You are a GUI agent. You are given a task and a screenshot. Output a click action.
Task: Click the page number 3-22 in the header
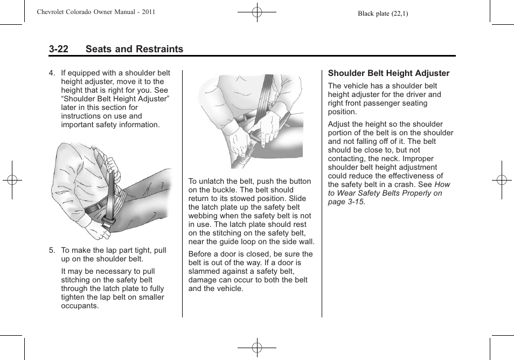[x=58, y=49]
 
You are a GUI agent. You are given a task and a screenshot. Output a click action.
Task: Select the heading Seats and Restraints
[x=134, y=49]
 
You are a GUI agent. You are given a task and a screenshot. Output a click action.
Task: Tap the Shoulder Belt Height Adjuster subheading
[x=388, y=73]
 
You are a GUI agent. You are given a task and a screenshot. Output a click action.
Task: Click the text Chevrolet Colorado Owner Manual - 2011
[x=96, y=11]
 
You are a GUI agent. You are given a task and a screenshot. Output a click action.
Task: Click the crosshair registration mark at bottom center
[x=257, y=348]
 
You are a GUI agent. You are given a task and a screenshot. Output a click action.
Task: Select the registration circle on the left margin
[x=12, y=180]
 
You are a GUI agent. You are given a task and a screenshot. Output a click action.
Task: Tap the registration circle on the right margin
[x=501, y=180]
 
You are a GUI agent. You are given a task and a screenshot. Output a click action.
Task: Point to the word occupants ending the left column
[x=80, y=306]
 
